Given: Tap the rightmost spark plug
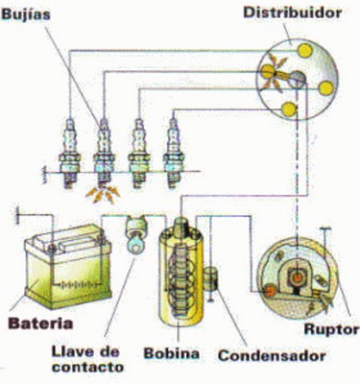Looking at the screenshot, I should pos(174,143).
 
